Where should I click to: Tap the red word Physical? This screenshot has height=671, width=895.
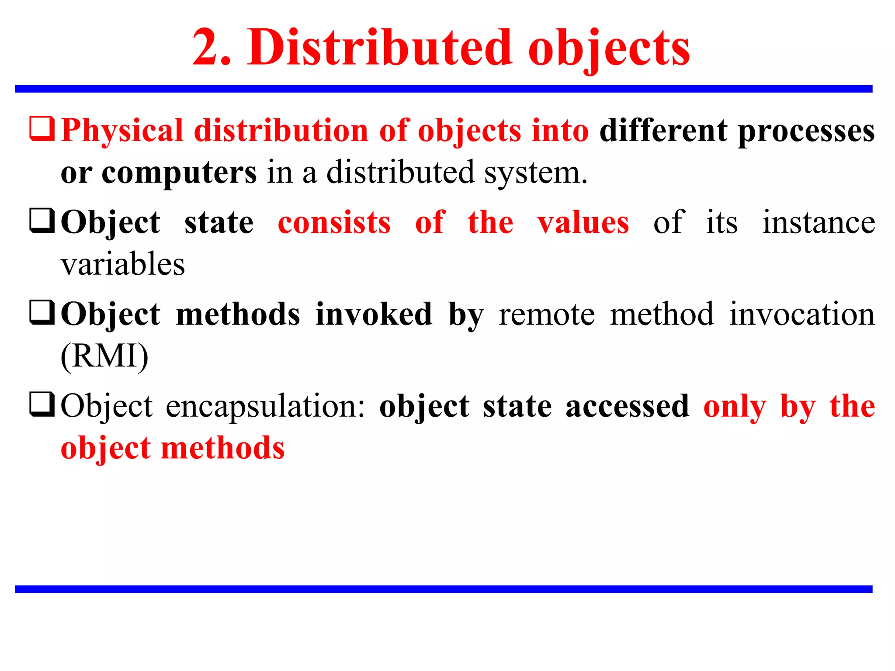coord(122,131)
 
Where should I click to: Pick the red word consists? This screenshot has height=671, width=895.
coord(334,223)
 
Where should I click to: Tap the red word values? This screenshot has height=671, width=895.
coord(583,223)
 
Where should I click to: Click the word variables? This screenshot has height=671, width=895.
coord(123,264)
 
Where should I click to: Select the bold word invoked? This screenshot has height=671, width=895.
coord(374,315)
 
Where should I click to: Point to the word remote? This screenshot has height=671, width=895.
coord(547,315)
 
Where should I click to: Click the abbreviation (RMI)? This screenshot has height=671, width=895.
coord(104,356)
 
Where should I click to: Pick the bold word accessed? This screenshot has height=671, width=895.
coord(627,406)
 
